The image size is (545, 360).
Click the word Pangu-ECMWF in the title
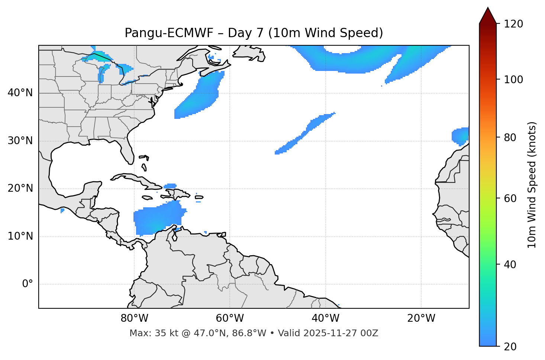coord(169,33)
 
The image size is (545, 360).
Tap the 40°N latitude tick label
coord(20,93)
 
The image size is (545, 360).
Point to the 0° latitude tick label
coord(28,284)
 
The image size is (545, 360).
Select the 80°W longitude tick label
coord(134,318)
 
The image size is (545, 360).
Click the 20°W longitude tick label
coord(421,318)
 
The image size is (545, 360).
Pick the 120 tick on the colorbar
coord(513,24)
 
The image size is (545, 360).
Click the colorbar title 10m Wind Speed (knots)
coord(532,185)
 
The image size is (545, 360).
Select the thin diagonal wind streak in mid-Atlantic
coord(305,134)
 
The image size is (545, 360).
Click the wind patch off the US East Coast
coord(199,97)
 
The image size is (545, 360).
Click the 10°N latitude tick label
coord(20,236)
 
